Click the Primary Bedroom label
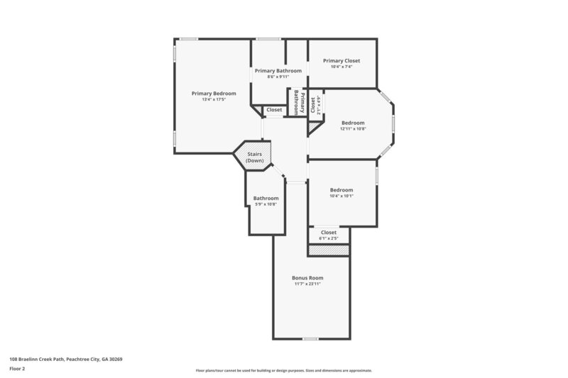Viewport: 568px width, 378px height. coord(214,93)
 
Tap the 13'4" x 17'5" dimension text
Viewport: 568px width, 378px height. coord(214,99)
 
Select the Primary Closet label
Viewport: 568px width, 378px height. coord(342,60)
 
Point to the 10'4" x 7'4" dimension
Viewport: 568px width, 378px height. coord(342,67)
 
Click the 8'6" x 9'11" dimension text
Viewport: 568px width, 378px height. coord(278,77)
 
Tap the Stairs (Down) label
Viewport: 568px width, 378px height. coord(255,157)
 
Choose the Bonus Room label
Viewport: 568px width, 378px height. coord(307,277)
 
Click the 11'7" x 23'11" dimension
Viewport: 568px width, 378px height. coord(307,284)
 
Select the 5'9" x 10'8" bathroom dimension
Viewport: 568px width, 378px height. coord(266,204)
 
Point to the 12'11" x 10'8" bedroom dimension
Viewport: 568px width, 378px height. coord(352,128)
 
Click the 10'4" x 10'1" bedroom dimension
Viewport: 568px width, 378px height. coord(342,196)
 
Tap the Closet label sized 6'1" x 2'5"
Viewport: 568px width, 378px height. coord(329,232)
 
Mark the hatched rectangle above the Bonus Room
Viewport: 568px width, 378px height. coord(329,250)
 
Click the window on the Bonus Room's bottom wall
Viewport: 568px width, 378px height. coord(310,338)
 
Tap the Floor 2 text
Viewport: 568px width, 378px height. coord(18,369)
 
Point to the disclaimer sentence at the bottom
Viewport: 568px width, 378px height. coord(283,370)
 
